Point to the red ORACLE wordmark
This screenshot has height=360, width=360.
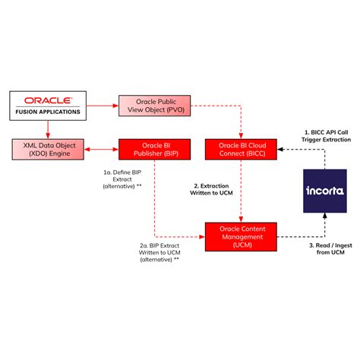click(48, 100)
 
